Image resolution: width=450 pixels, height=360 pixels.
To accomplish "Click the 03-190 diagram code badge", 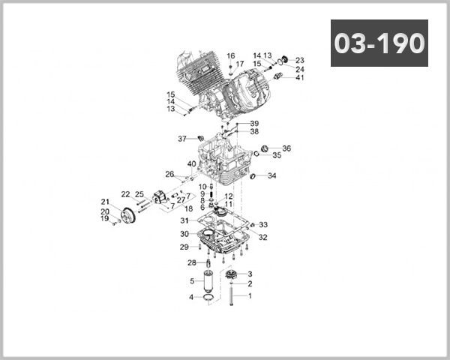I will tap(379, 43).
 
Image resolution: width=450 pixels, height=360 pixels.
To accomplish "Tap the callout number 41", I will tap(299, 77).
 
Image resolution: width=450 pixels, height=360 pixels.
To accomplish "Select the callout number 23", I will tap(299, 60).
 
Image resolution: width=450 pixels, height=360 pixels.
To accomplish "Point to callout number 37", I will tap(181, 139).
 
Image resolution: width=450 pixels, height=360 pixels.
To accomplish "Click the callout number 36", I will tap(286, 148).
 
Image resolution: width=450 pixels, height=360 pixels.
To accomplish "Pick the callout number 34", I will tap(271, 176).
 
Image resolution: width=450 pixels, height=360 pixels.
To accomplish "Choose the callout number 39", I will tap(254, 123).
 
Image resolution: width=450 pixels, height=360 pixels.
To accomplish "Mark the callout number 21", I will tap(106, 201).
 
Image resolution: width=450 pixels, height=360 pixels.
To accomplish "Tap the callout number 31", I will tap(184, 220).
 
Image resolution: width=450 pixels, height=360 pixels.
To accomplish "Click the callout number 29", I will tap(184, 247).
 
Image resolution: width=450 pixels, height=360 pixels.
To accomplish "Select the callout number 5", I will tap(192, 281).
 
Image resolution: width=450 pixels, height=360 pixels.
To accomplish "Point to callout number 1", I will tap(250, 295).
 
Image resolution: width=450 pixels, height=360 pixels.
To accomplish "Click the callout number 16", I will tap(231, 55).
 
